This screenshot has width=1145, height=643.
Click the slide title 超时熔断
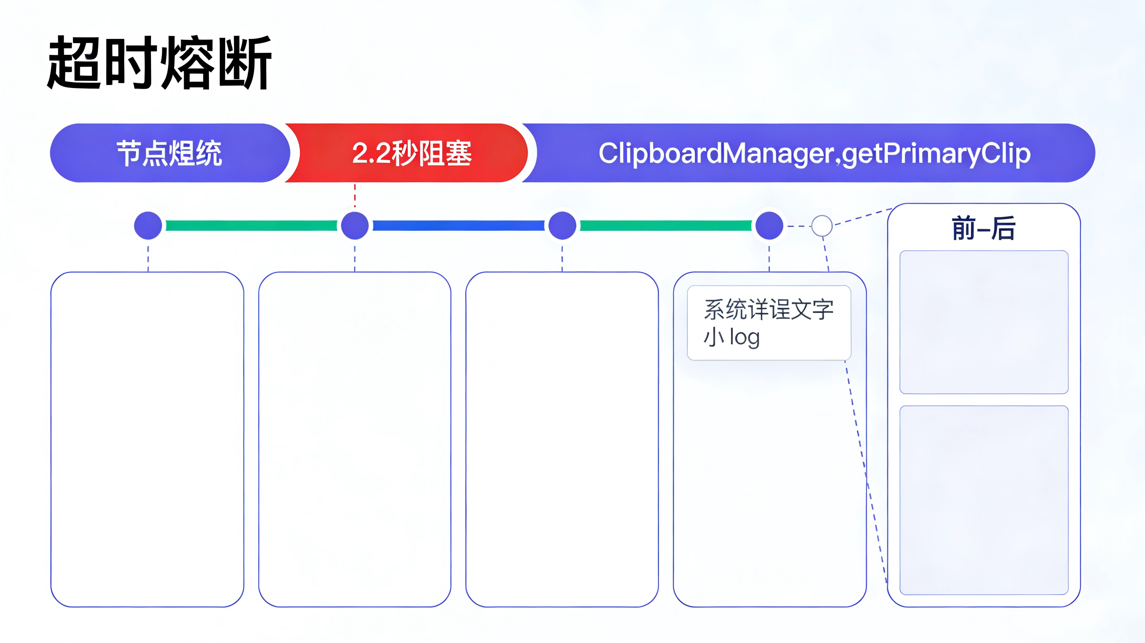pos(159,63)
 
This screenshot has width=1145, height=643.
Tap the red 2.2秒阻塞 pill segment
pos(411,153)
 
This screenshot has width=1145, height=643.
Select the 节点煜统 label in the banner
pos(169,153)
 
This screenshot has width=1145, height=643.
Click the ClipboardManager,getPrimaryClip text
pos(815,153)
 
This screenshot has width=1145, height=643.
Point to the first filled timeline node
pos(148,226)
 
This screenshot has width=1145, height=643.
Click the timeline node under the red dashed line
pos(355,226)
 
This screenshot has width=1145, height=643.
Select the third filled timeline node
pos(562,226)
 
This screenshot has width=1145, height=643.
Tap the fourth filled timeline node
pos(769,226)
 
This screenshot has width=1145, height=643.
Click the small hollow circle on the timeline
pos(822,226)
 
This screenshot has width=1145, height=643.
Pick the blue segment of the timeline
pos(458,226)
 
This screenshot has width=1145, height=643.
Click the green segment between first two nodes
pos(251,226)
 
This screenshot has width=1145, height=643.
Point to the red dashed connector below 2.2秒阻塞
pos(355,195)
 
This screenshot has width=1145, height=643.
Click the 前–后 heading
pos(984,228)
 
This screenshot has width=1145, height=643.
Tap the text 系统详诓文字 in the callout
pos(768,309)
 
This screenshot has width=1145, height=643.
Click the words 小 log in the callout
pos(731,337)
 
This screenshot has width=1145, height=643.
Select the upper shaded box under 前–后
pos(984,322)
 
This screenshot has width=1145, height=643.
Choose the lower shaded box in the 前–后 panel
pos(984,500)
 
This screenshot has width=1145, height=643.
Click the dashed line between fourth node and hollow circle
pos(798,226)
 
